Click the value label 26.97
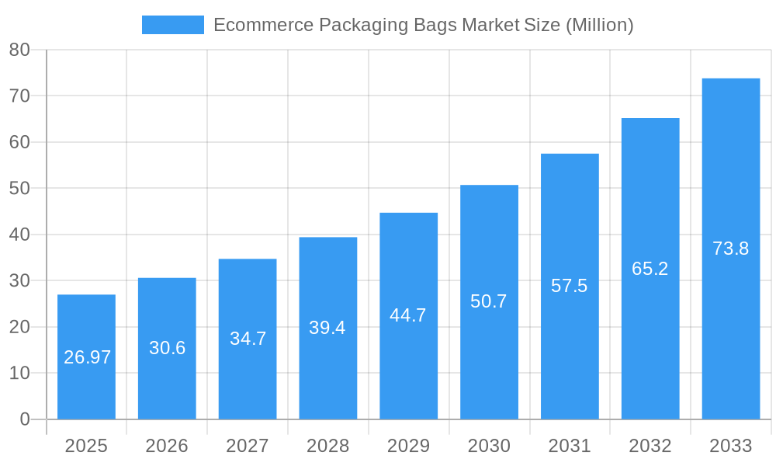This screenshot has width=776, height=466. [x=87, y=357]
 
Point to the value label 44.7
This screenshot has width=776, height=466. [x=408, y=315]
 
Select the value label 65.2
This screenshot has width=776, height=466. [x=650, y=269]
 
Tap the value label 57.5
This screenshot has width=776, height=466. [x=569, y=286]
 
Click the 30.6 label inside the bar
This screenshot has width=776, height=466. [x=167, y=348]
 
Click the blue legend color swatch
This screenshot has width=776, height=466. [x=172, y=25]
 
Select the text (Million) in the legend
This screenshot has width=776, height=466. [x=599, y=25]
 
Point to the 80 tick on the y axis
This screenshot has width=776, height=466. [x=19, y=50]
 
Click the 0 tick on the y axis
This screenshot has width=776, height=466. [x=25, y=419]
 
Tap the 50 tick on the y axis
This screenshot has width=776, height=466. [x=19, y=188]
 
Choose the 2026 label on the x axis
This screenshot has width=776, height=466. [x=167, y=446]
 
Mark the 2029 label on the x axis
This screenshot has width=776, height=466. [x=408, y=446]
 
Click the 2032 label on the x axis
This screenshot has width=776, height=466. [x=650, y=446]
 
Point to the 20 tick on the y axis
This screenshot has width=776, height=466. [x=19, y=327]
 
